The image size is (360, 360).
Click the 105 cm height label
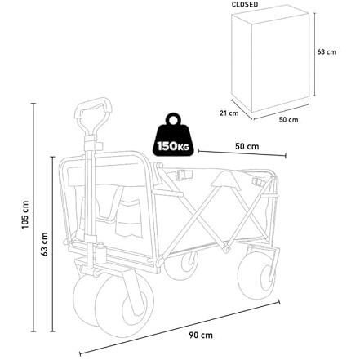(25, 215)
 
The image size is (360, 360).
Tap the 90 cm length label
(201, 336)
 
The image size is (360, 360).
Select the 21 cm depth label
(229, 113)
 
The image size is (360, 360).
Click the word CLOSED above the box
(245, 5)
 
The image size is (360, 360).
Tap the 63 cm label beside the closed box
(327, 51)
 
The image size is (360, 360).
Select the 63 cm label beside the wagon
(44, 244)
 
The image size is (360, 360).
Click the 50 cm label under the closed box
(288, 120)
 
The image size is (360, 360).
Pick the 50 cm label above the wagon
(247, 146)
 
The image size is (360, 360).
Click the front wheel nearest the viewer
(125, 306)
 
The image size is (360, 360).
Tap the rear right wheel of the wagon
(256, 275)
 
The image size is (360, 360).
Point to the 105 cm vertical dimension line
(33, 217)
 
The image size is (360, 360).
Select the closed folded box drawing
(270, 62)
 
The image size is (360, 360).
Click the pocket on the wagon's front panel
(129, 219)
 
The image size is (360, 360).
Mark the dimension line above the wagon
(242, 153)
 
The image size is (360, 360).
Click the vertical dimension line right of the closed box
(315, 54)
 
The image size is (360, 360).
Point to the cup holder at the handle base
(100, 253)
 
